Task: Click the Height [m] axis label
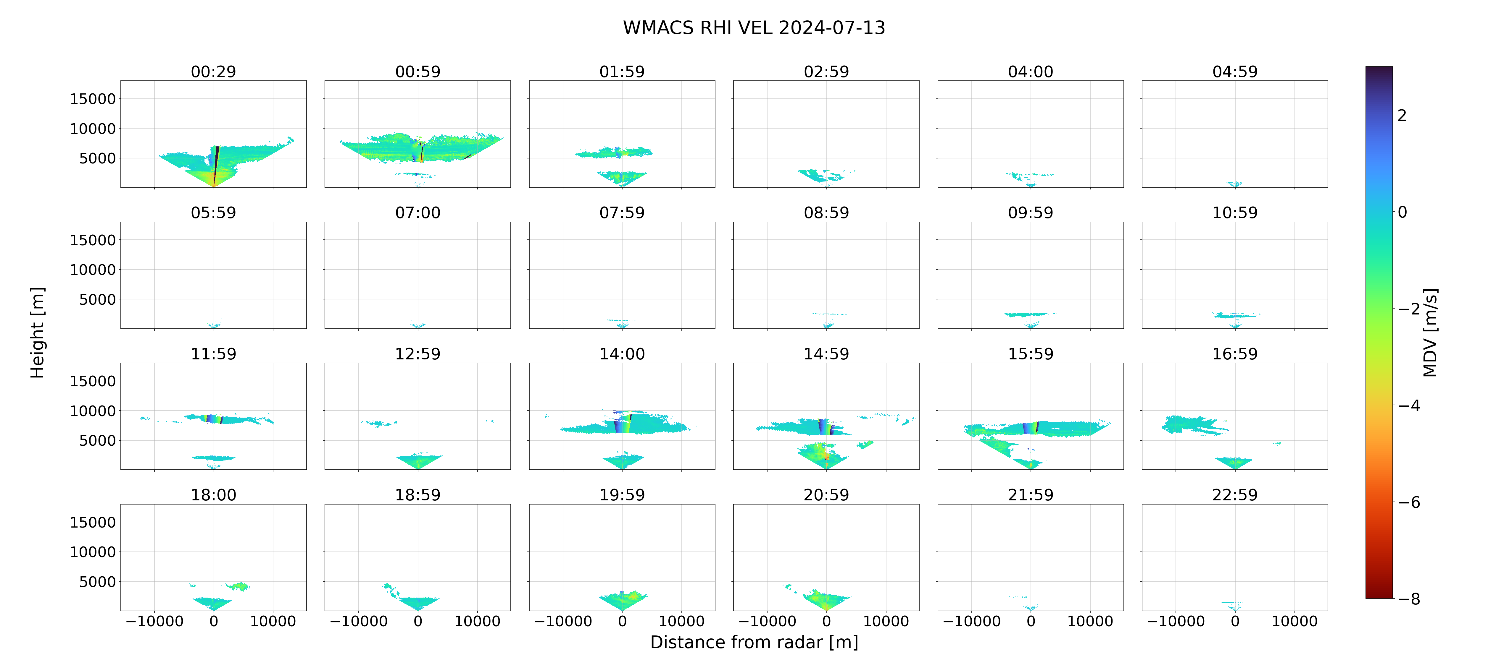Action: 37,332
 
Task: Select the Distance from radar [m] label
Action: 754,642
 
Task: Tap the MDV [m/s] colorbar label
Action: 1430,332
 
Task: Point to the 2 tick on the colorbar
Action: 1402,115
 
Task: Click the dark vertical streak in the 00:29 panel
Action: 216,164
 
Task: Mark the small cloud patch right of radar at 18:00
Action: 238,586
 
